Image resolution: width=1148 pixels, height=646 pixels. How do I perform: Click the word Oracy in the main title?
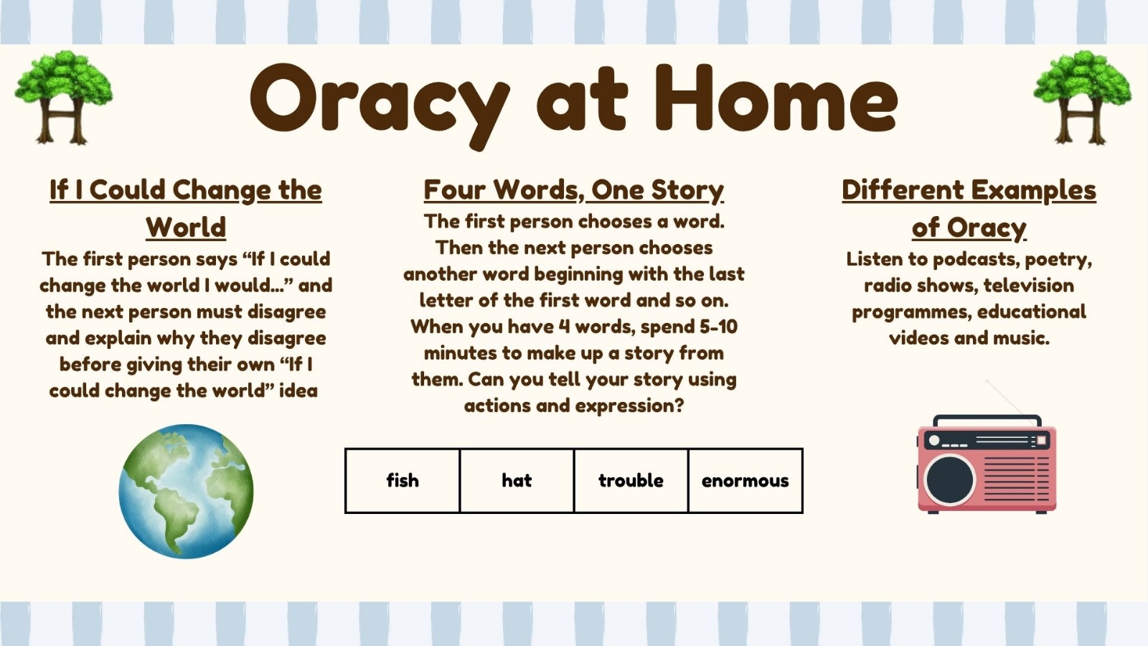380,105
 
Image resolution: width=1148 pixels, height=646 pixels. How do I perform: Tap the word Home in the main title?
776,98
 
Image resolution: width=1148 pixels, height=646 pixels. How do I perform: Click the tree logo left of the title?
64,97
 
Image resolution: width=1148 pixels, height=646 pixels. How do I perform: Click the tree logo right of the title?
1083,97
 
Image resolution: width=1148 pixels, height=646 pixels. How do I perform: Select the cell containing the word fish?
403,480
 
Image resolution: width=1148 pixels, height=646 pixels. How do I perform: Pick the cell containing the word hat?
517,480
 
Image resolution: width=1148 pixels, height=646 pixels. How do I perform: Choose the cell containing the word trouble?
631,480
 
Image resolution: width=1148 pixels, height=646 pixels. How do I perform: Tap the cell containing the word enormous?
745,480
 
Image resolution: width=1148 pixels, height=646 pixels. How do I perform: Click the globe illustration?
186,491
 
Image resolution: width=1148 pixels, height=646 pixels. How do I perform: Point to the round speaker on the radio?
949,480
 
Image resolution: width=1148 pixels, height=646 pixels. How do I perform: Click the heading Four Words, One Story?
573,190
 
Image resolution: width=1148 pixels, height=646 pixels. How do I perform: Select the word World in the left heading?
186,227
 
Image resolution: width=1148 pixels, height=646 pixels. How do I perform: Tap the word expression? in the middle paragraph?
629,406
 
